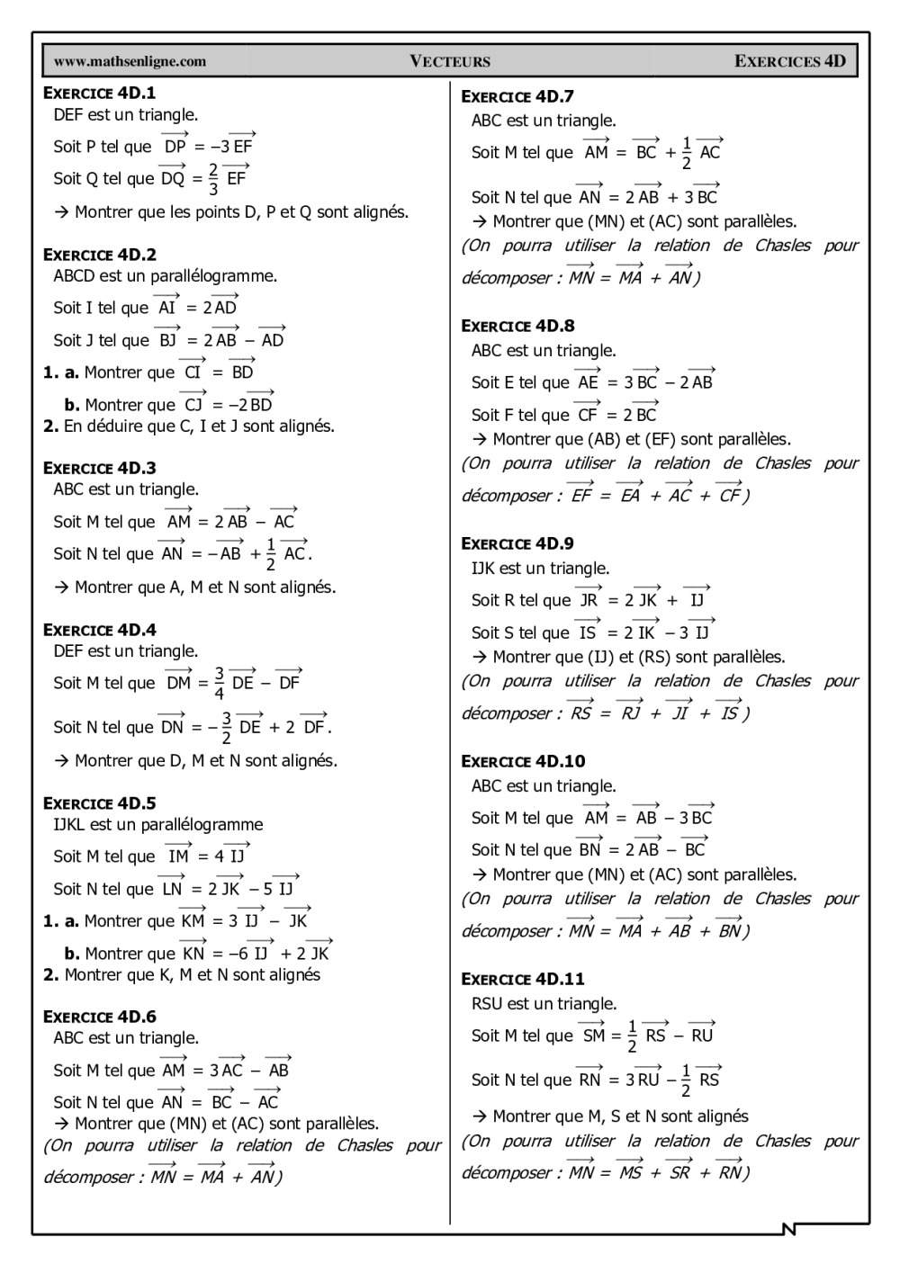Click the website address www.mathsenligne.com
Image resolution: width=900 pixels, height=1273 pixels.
(130, 61)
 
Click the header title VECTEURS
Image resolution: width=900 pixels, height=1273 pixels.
(450, 61)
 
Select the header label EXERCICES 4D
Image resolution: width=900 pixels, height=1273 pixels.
(790, 61)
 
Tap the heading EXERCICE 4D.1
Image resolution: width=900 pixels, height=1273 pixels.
(100, 93)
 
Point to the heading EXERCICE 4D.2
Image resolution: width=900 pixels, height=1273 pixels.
(100, 255)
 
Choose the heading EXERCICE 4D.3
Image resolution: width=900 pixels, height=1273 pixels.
(100, 468)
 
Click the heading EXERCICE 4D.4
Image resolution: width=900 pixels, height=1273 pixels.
(100, 630)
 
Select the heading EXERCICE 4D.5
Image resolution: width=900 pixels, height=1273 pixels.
(100, 803)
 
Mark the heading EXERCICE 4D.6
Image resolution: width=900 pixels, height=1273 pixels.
(100, 1017)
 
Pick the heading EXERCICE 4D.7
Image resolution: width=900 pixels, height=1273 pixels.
(517, 96)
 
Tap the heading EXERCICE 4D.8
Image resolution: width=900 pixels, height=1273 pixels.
(517, 326)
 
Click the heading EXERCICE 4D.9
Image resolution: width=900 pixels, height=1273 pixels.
(517, 543)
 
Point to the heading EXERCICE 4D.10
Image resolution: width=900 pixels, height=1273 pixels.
(523, 761)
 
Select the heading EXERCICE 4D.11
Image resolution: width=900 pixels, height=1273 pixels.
(523, 979)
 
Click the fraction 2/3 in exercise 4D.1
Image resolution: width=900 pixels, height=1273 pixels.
(213, 179)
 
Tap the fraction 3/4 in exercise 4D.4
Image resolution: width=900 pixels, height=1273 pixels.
(219, 683)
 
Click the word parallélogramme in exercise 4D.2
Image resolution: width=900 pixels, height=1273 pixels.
(213, 276)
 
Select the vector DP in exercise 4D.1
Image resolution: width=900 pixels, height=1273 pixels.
(175, 145)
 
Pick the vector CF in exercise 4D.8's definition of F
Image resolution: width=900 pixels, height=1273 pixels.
(588, 414)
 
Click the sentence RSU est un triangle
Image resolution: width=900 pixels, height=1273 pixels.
(544, 1004)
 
